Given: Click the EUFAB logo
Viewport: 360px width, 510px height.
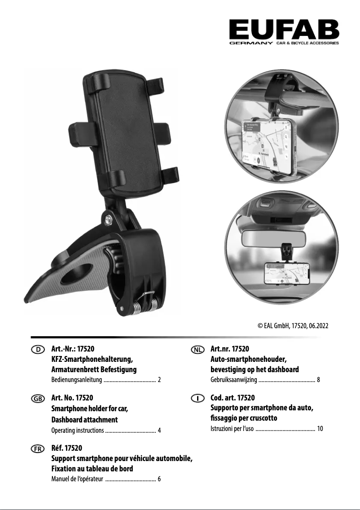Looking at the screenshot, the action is coord(284,32).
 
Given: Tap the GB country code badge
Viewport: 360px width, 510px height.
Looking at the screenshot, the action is coord(38,399).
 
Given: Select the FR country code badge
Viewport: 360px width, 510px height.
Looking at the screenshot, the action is coord(38,449).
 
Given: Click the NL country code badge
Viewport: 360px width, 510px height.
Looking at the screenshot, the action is coord(198,350).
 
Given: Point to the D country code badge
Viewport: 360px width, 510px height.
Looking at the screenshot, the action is coord(38,350).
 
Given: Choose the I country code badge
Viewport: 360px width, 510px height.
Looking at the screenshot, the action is coord(198,398).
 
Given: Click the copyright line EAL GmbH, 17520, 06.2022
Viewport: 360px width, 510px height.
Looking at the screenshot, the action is coord(293,325).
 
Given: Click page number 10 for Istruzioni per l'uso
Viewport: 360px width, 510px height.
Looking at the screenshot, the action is coord(320,428).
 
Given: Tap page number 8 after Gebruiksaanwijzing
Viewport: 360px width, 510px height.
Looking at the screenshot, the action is coord(318,379).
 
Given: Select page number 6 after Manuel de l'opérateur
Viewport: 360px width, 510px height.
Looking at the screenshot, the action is coord(159,479).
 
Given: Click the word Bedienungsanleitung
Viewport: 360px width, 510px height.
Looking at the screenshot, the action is coord(77,379).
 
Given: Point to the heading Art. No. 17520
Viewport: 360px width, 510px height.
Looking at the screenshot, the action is coord(72,397).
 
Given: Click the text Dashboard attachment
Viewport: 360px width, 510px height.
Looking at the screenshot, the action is coord(84,420).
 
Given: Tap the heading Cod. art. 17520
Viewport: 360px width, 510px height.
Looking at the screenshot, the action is coord(233,397).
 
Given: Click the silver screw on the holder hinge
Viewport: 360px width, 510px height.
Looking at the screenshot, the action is coord(108,219).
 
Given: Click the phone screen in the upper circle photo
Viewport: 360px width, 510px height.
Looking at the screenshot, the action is coord(266,144).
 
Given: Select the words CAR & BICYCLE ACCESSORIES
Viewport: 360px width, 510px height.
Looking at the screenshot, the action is coord(307,43).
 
